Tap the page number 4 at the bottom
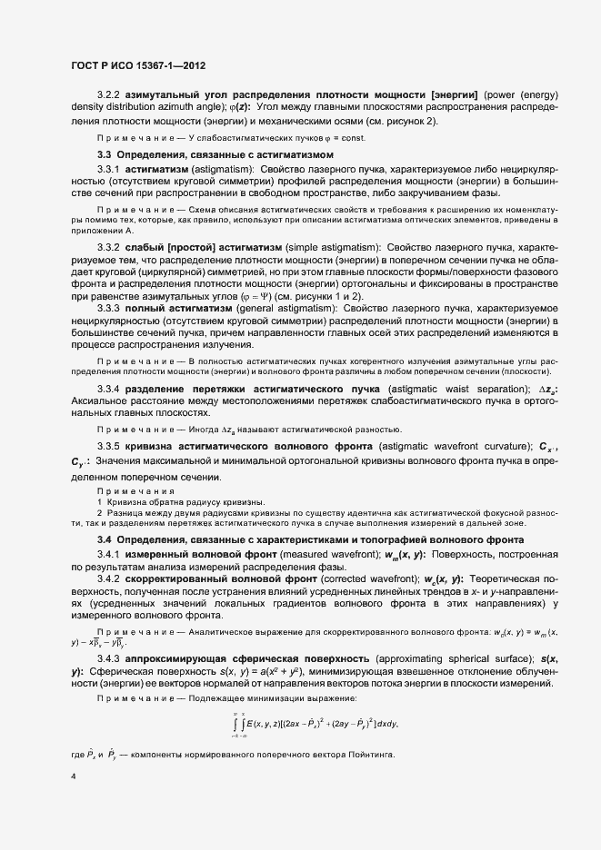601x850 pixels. pos(73,776)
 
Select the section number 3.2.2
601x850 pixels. pos(110,94)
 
